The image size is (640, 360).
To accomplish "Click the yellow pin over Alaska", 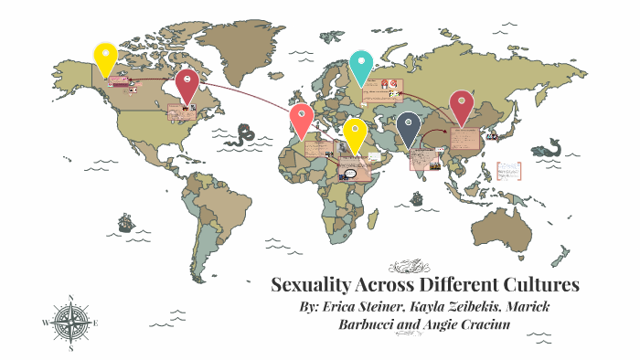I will pyautogui.click(x=107, y=58).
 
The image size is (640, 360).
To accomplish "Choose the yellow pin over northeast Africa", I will pyautogui.click(x=355, y=133).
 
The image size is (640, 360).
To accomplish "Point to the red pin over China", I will pyautogui.click(x=461, y=106).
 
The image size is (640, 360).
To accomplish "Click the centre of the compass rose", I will pyautogui.click(x=69, y=322).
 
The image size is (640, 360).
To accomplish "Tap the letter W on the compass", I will pyautogui.click(x=45, y=323).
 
